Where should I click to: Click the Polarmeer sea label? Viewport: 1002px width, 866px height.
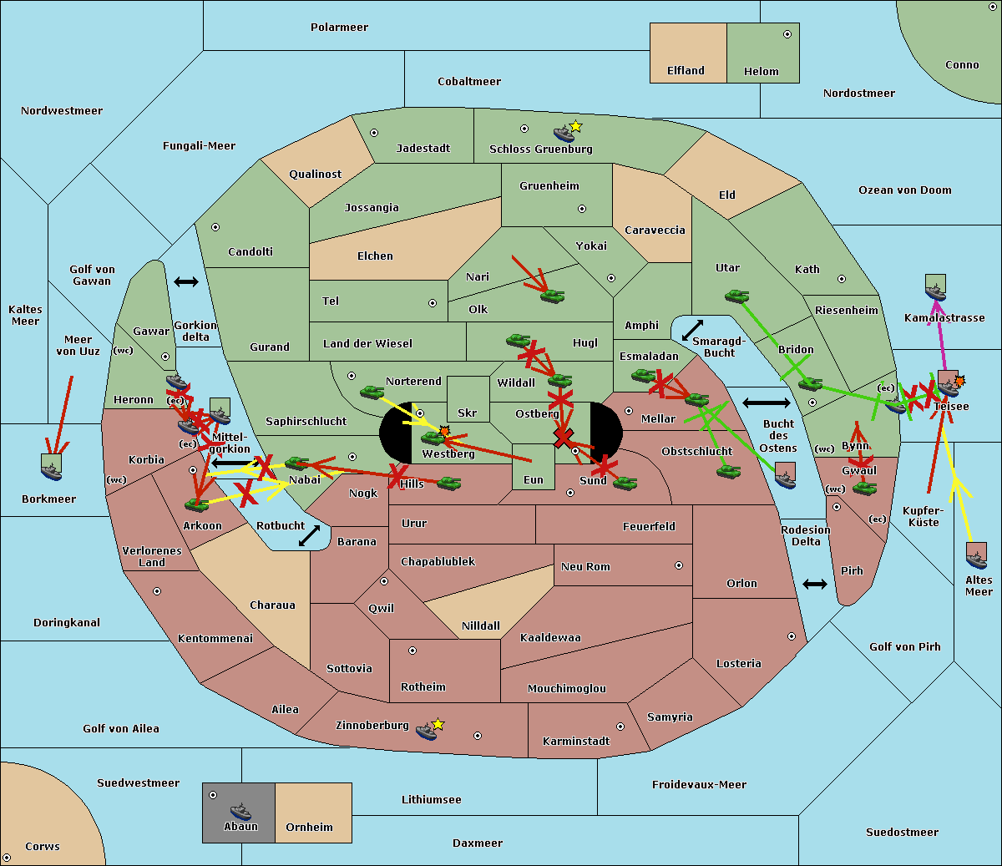pos(339,28)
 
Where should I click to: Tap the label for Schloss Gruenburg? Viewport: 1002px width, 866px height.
pos(540,149)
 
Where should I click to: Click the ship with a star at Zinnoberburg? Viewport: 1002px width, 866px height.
pos(428,731)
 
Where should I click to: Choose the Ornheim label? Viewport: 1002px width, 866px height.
pos(309,828)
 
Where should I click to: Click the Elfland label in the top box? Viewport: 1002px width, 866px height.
pos(686,71)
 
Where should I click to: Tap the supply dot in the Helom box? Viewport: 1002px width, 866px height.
pos(787,34)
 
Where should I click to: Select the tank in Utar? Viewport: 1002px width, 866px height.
pos(736,296)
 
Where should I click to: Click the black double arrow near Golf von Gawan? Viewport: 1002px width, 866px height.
pos(186,282)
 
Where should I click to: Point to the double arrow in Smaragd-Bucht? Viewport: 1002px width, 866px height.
pos(692,330)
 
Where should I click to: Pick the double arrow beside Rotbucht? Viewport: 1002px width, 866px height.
pos(310,535)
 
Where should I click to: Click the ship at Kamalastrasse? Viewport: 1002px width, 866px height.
pos(936,289)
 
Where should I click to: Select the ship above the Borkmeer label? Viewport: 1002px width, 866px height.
pos(52,468)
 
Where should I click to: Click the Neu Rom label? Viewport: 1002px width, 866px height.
pos(585,567)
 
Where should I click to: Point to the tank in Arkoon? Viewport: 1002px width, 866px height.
pos(197,504)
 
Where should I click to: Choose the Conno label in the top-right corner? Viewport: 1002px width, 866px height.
pos(962,65)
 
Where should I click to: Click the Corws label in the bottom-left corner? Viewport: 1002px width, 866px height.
pos(43,847)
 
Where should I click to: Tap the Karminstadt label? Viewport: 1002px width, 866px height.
pos(576,742)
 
